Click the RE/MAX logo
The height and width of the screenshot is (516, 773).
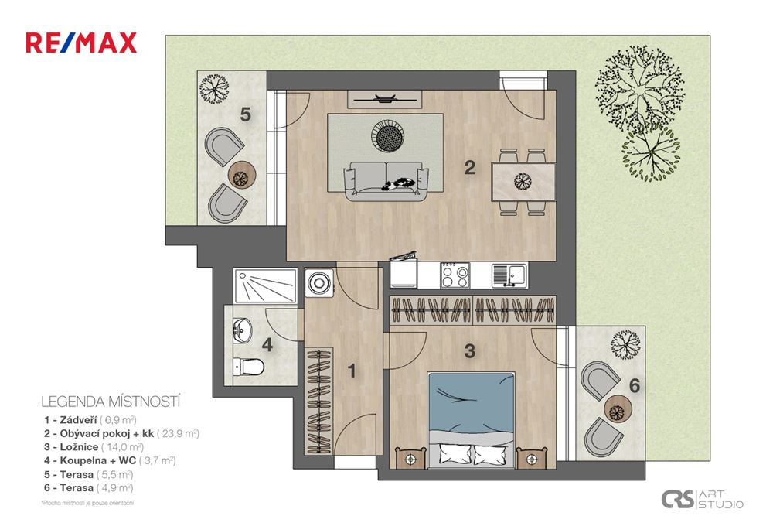click(x=81, y=42)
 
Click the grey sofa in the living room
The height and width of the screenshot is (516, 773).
click(x=386, y=181)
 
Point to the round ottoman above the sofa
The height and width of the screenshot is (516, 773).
click(x=389, y=137)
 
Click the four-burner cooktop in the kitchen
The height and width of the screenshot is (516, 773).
click(x=455, y=274)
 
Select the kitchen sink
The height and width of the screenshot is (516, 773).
click(x=508, y=273)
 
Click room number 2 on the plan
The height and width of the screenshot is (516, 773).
click(x=469, y=167)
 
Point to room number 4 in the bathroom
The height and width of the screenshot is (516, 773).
click(x=266, y=345)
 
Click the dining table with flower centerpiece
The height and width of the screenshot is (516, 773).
click(x=524, y=182)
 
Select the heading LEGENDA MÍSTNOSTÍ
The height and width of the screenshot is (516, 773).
click(x=110, y=402)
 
